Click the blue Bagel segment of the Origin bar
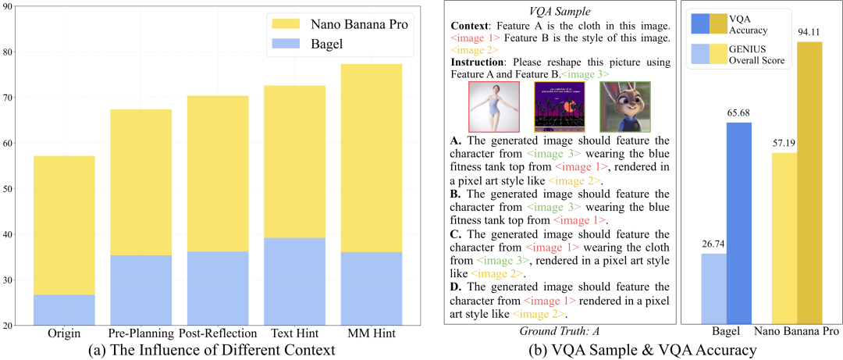coord(64,309)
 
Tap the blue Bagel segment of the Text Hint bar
coord(294,281)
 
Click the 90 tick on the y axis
coord(16,6)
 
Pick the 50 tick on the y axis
coord(16,188)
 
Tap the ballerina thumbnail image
coord(493,107)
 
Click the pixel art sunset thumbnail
coord(559,107)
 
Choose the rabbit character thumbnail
coord(624,107)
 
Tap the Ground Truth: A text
coord(559,332)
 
